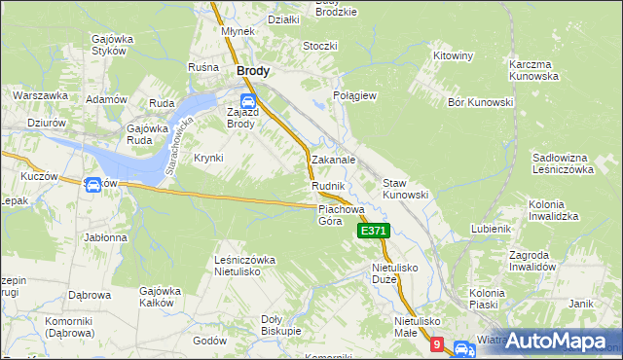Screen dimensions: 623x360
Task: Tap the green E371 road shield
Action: [374, 231]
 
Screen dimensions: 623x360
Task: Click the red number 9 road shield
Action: [437, 344]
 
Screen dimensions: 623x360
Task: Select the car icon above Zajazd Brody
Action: [247, 99]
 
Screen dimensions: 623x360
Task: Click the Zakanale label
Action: [332, 159]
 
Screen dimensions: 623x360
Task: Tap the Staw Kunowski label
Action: [405, 189]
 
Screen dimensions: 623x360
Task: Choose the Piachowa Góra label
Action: [341, 214]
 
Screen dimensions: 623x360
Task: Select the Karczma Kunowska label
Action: [532, 69]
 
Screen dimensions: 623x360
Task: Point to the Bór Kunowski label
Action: [480, 102]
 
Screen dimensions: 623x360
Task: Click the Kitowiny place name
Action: [453, 55]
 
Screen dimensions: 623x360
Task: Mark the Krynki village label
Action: [208, 158]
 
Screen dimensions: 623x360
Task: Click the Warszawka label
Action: [40, 95]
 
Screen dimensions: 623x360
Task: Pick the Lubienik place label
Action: [491, 229]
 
